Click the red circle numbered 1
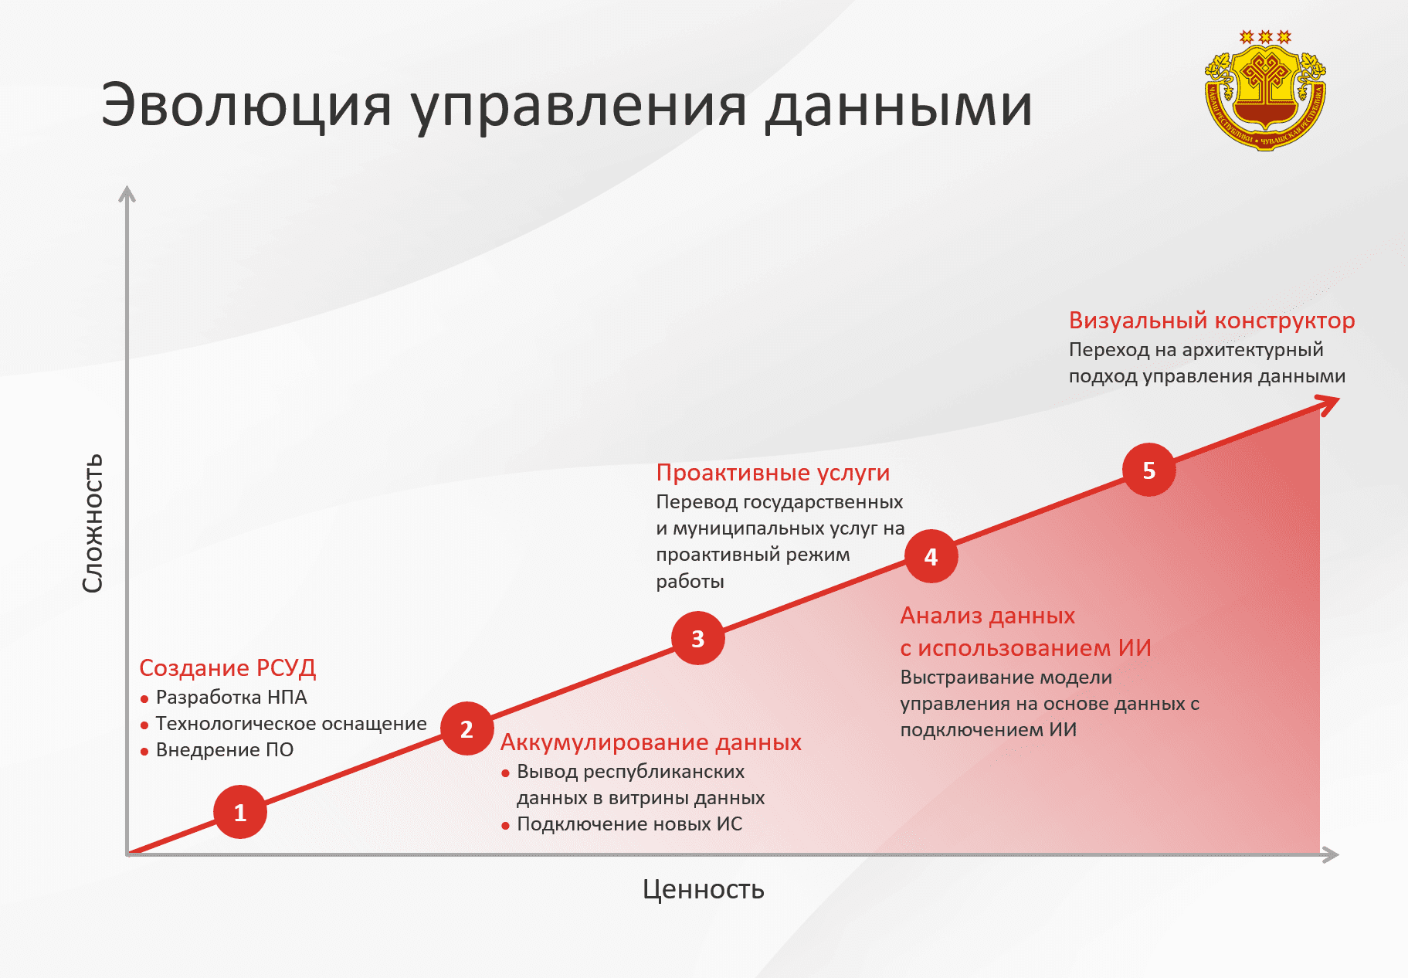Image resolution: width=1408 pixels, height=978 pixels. [240, 812]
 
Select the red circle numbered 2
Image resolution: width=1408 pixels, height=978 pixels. [467, 728]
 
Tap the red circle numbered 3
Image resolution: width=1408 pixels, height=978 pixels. [697, 638]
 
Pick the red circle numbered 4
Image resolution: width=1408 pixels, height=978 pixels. [931, 556]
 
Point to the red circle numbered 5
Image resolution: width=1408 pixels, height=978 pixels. [1148, 470]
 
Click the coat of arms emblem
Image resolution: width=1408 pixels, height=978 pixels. [1265, 91]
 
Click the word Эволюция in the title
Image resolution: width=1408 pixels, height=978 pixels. [246, 105]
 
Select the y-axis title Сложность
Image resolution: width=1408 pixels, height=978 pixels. [93, 523]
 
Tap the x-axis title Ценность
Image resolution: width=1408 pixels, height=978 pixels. [703, 889]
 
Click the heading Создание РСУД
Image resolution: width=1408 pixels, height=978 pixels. [227, 667]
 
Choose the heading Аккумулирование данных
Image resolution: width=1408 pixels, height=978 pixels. [650, 742]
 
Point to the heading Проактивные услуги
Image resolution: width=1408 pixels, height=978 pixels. [772, 472]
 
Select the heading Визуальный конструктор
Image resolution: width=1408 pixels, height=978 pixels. [1211, 320]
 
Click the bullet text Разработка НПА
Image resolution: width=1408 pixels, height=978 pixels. [231, 697]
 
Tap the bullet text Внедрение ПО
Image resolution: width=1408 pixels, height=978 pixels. [224, 749]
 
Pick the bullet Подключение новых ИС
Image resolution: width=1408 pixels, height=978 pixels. [629, 823]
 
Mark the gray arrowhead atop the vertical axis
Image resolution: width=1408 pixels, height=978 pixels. [127, 193]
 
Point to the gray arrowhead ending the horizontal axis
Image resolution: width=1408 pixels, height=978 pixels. [1330, 854]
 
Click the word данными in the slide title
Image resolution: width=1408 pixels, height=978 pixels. [898, 105]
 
